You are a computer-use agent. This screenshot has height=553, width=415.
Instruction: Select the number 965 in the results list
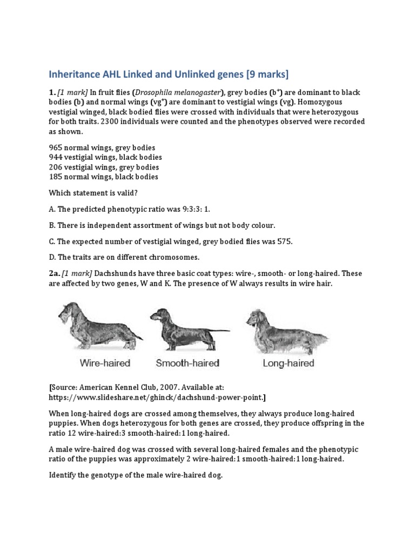(x=57, y=147)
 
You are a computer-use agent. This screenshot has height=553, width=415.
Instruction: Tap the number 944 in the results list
(x=57, y=157)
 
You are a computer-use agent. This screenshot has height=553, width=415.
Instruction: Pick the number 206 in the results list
(x=57, y=167)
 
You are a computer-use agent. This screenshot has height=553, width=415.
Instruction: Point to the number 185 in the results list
(x=57, y=177)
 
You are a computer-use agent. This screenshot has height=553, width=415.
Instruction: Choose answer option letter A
(x=52, y=209)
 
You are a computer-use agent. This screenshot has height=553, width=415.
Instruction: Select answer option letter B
(x=52, y=225)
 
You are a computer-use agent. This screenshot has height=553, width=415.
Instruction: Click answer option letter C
(x=52, y=241)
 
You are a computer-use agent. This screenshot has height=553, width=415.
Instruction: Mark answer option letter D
(x=52, y=258)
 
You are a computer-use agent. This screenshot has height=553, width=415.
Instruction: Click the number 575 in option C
(x=284, y=241)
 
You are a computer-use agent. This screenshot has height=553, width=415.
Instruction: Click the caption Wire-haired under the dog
(x=105, y=363)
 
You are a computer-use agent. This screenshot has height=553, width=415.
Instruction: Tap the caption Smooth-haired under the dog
(x=188, y=363)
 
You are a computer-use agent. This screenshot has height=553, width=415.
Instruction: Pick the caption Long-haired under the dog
(x=288, y=363)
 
